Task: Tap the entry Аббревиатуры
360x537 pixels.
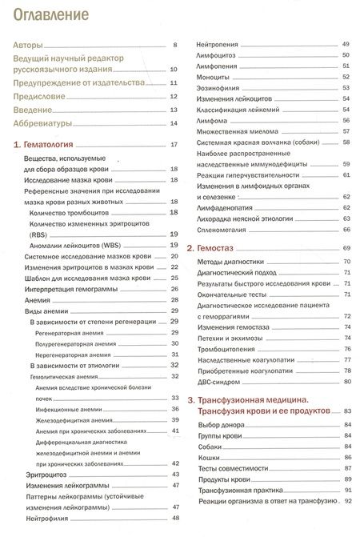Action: click(44, 123)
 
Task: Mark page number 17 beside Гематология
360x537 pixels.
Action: click(173, 145)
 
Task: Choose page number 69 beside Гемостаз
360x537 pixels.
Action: click(347, 248)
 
